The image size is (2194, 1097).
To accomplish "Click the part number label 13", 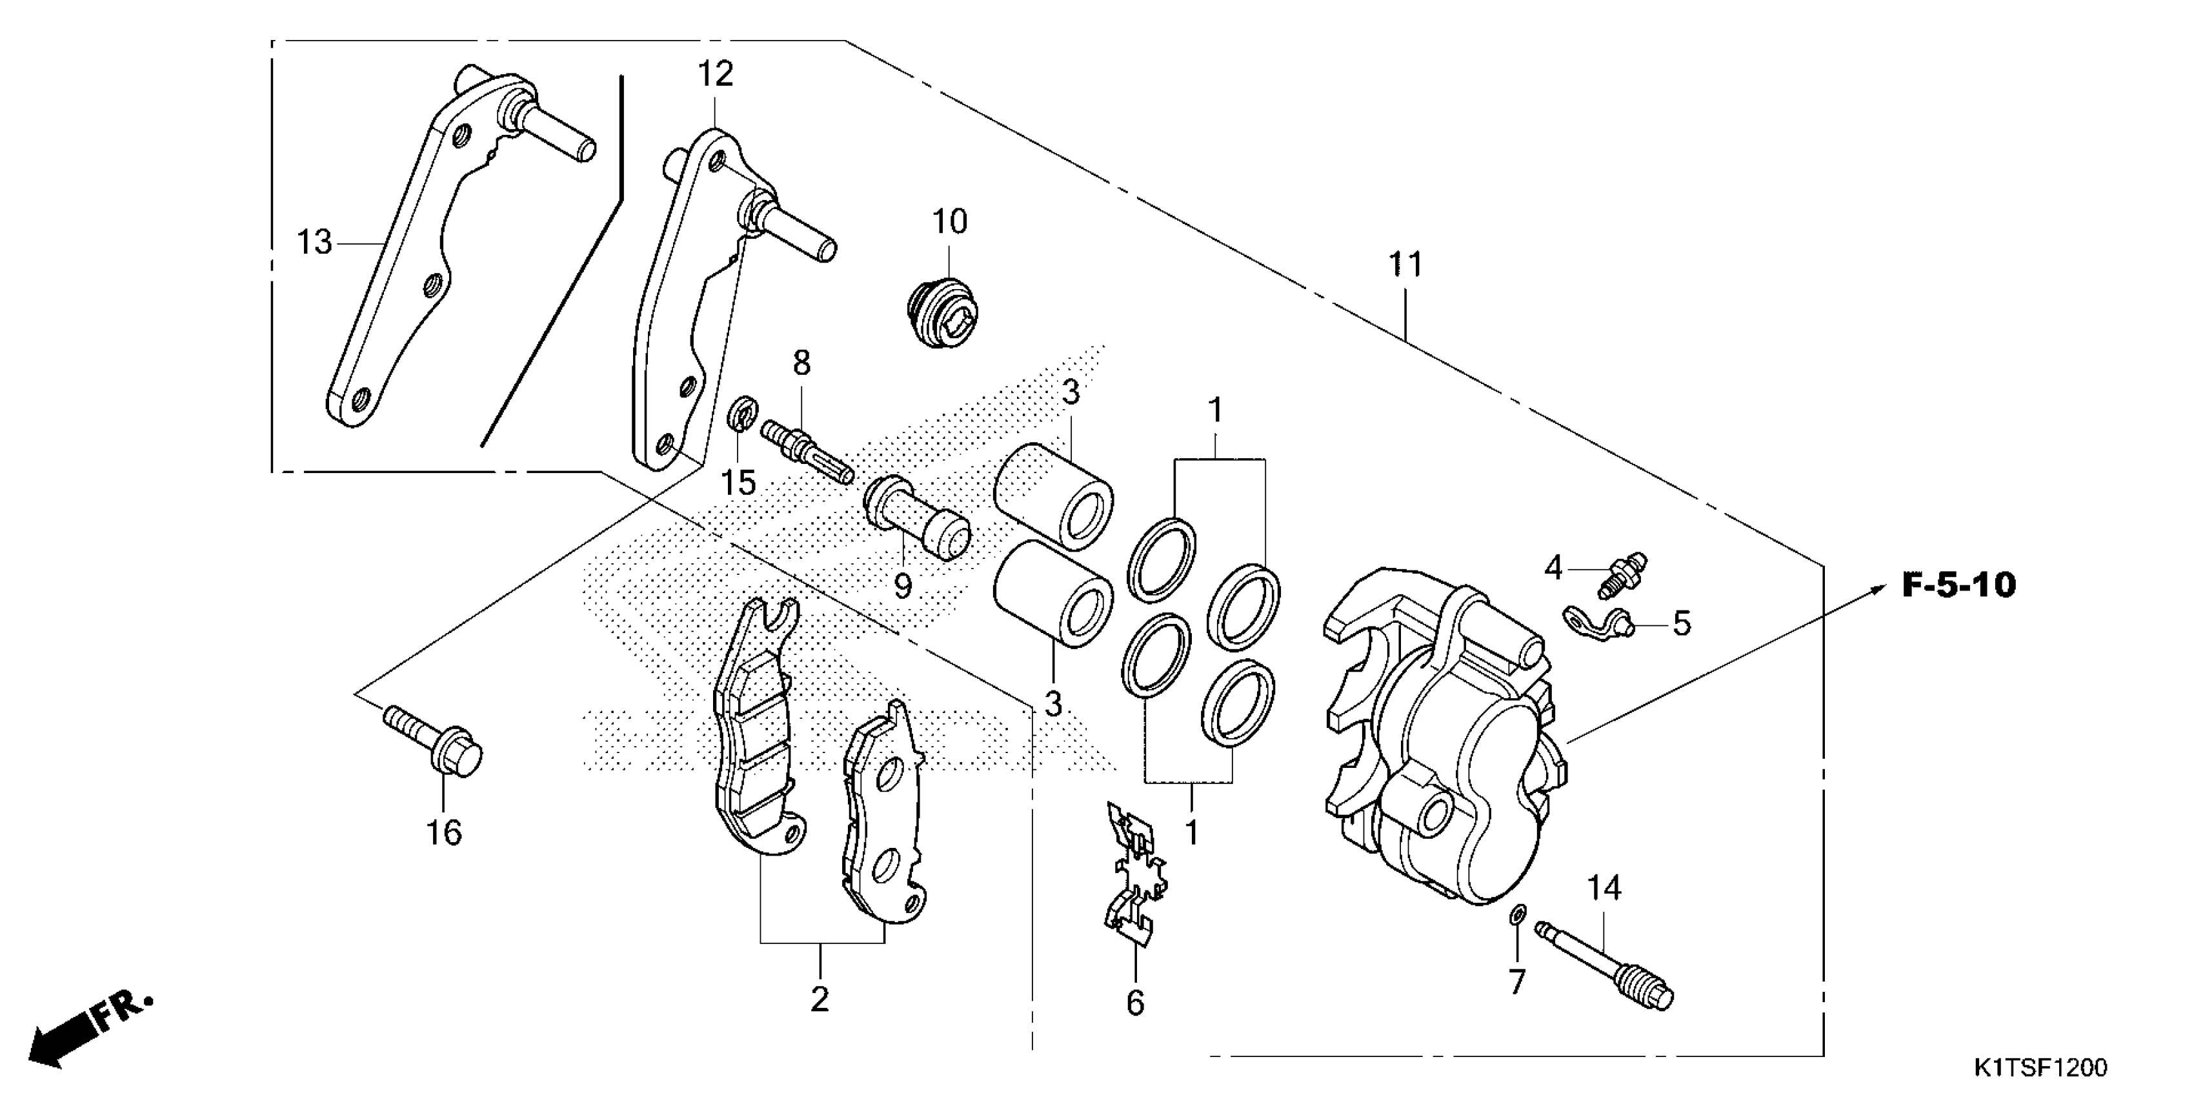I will click(314, 243).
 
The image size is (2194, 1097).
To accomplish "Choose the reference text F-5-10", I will click(1959, 586).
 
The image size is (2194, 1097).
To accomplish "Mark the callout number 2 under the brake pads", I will click(820, 999).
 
